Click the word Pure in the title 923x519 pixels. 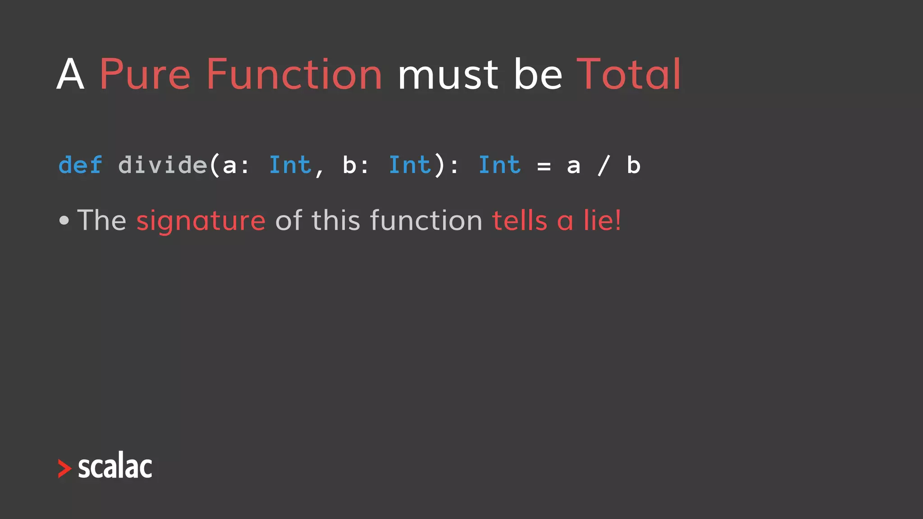(145, 75)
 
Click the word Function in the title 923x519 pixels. (294, 75)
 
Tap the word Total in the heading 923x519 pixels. (628, 75)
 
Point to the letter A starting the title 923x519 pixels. (70, 75)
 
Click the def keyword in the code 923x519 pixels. (80, 165)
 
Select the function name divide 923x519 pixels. (162, 165)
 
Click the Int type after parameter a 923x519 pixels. (290, 165)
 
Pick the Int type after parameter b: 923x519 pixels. (410, 165)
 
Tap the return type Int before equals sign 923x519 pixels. (499, 165)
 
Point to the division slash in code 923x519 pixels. (604, 165)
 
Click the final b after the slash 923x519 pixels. (633, 165)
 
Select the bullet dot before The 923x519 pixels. (64, 220)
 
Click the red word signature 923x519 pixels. (201, 221)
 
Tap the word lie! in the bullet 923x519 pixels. (602, 220)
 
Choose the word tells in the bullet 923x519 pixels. (519, 220)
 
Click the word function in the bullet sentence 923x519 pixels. (426, 220)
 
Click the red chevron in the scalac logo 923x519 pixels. (64, 469)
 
